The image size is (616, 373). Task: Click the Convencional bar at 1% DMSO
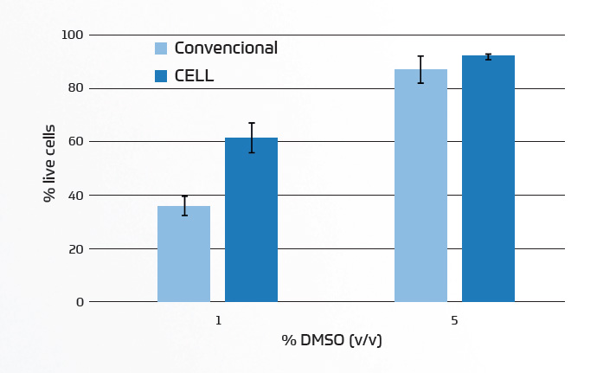(x=183, y=254)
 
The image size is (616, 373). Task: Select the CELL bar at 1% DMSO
(x=251, y=220)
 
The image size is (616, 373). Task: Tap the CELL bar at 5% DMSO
(x=488, y=179)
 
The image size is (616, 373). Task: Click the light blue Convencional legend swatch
(x=161, y=48)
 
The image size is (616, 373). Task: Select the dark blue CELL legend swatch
(x=161, y=76)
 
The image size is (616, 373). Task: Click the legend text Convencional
(x=226, y=48)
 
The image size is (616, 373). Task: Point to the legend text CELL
(x=194, y=76)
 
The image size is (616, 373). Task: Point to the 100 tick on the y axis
(x=73, y=35)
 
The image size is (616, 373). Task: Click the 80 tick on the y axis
(x=76, y=88)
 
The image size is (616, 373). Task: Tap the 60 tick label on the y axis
(x=76, y=142)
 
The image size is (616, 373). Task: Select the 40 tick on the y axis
(x=76, y=196)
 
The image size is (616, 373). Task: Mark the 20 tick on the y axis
(x=76, y=249)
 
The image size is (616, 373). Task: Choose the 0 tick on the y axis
(x=80, y=302)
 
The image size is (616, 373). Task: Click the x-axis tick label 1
(x=218, y=320)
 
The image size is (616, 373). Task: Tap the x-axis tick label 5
(x=454, y=320)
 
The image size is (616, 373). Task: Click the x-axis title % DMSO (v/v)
(x=331, y=340)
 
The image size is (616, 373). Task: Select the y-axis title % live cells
(x=49, y=164)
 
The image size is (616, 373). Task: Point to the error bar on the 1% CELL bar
(x=251, y=138)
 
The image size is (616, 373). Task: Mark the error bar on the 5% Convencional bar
(x=420, y=69)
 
